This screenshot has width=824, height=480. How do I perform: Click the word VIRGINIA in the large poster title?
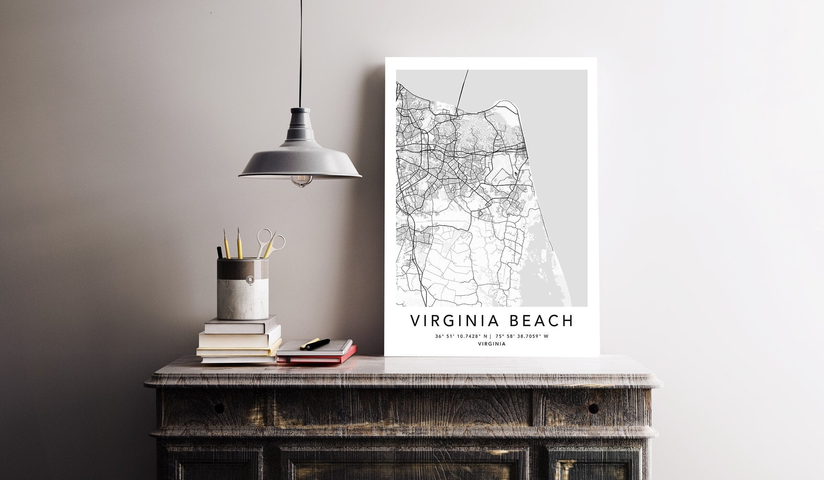(451, 320)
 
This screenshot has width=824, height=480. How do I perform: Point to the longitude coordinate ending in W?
(522, 336)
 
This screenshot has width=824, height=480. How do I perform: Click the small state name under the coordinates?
(492, 344)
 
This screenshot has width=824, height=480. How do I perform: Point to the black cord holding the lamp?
(301, 51)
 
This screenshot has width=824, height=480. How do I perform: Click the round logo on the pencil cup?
(253, 280)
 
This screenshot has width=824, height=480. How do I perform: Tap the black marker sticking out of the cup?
(219, 252)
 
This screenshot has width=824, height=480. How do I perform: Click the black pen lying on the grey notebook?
(318, 344)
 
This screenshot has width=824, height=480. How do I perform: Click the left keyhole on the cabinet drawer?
(219, 408)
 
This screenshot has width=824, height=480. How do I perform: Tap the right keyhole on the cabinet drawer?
(593, 408)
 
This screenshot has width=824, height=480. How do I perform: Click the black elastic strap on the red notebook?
(288, 359)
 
